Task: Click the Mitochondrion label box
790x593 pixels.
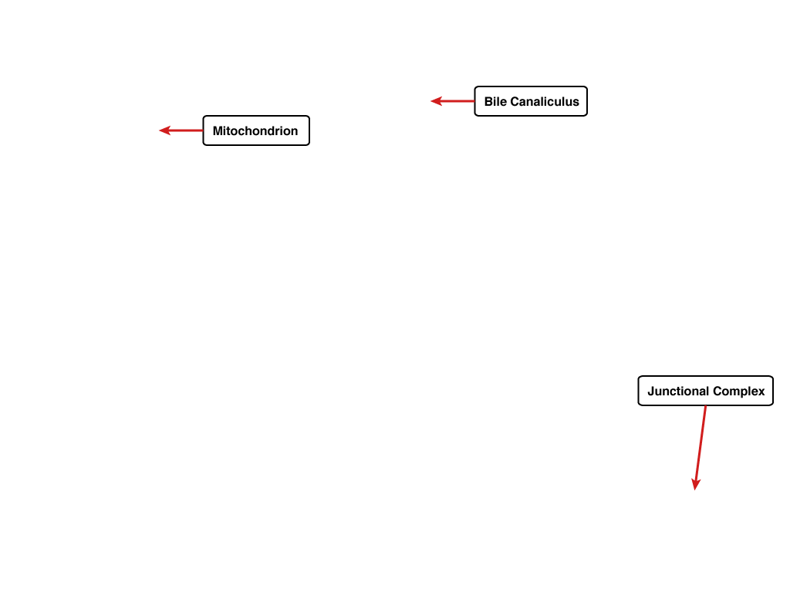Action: click(256, 130)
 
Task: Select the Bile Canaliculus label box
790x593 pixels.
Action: click(531, 101)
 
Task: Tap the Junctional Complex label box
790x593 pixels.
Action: click(705, 391)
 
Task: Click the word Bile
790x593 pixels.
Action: click(495, 101)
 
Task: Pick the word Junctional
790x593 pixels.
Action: click(678, 391)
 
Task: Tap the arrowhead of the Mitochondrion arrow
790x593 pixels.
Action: click(165, 130)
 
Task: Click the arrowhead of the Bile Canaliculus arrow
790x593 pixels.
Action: click(437, 101)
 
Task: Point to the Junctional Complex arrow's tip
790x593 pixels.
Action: click(695, 490)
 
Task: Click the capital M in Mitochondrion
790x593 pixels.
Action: click(218, 131)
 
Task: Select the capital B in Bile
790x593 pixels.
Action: click(488, 101)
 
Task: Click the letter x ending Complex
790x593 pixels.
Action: click(761, 393)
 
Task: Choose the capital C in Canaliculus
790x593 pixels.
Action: click(515, 101)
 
